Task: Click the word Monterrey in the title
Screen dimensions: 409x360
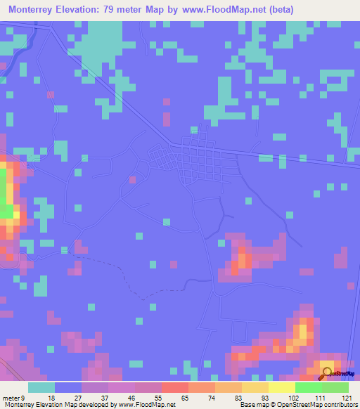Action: tap(34, 9)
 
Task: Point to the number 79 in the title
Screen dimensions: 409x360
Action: tap(121, 9)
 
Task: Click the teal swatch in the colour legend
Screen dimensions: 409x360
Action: tap(41, 387)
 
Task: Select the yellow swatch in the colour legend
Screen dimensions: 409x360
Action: tap(255, 387)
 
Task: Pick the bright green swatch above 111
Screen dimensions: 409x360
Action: tap(308, 387)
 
